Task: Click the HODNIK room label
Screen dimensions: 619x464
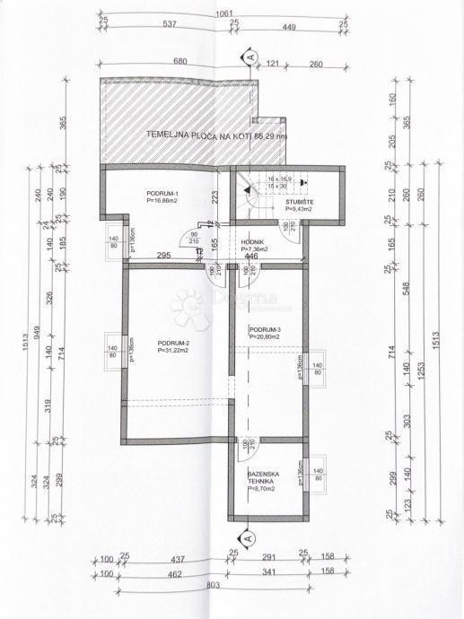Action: [251, 242]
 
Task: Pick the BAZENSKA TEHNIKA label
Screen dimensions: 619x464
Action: [264, 477]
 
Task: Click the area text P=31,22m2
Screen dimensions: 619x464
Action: [173, 351]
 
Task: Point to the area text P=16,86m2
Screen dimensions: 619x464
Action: [164, 203]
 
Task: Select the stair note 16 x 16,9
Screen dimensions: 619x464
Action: [280, 179]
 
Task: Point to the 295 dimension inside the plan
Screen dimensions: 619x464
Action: [164, 257]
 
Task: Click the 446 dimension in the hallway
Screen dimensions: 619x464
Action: [251, 257]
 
